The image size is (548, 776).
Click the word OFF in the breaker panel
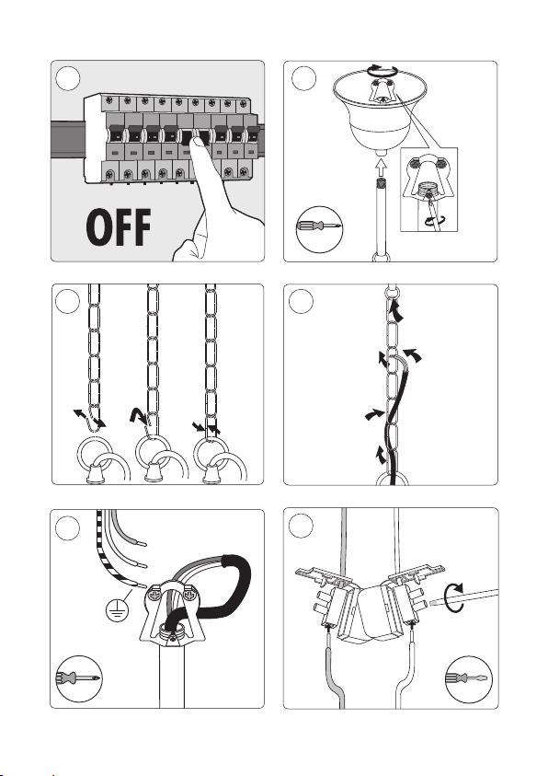coord(119,227)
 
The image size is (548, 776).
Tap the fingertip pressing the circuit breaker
coord(199,144)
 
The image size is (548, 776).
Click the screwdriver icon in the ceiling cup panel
coord(319,228)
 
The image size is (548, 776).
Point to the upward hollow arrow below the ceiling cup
coord(380,169)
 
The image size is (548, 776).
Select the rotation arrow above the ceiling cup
coord(382,71)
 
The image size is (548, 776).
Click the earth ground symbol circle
coord(117,611)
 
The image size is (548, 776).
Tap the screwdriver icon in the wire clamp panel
coord(78,679)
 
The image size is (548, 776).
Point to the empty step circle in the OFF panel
coord(68,78)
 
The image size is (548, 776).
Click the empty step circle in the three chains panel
coord(68,301)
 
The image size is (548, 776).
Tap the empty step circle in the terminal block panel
coord(301,526)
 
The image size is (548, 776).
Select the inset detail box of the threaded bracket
coord(428,189)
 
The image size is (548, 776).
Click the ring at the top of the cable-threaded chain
coord(392,292)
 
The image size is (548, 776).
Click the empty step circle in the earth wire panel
coord(68,527)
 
